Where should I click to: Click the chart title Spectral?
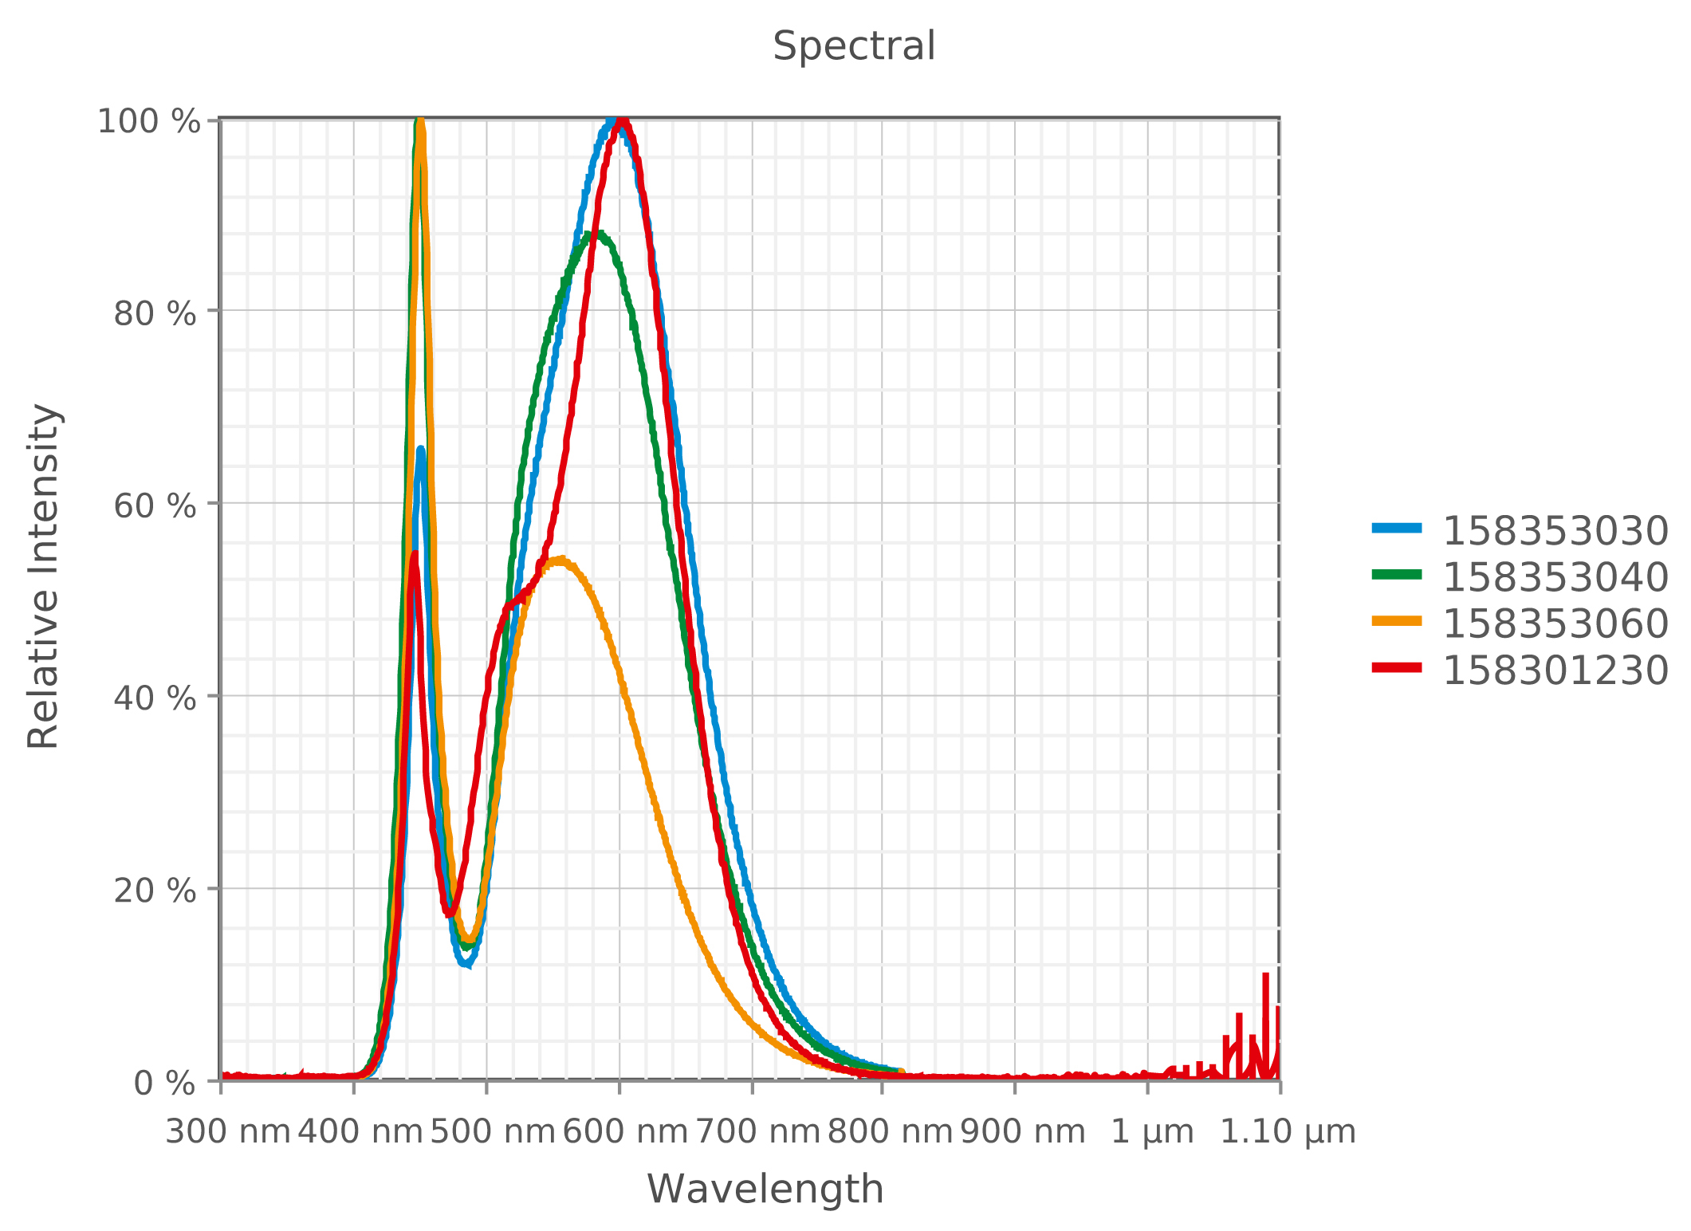(853, 46)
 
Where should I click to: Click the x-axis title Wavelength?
(765, 1190)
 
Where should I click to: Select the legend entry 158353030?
(1555, 531)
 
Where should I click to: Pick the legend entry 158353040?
(1555, 577)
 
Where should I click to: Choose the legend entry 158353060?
(1555, 623)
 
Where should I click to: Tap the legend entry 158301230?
(1555, 670)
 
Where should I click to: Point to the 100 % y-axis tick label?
(148, 122)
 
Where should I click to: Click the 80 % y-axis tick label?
(155, 314)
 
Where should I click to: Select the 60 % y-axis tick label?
(155, 506)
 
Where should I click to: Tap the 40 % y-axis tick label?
(155, 698)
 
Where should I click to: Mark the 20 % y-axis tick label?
(155, 891)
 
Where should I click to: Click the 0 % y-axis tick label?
(164, 1084)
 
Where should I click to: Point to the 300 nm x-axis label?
(227, 1132)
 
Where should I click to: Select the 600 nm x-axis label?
(625, 1132)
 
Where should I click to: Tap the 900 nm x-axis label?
(1022, 1132)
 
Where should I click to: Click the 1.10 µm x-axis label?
(1288, 1132)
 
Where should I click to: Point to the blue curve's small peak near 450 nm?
(420, 451)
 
